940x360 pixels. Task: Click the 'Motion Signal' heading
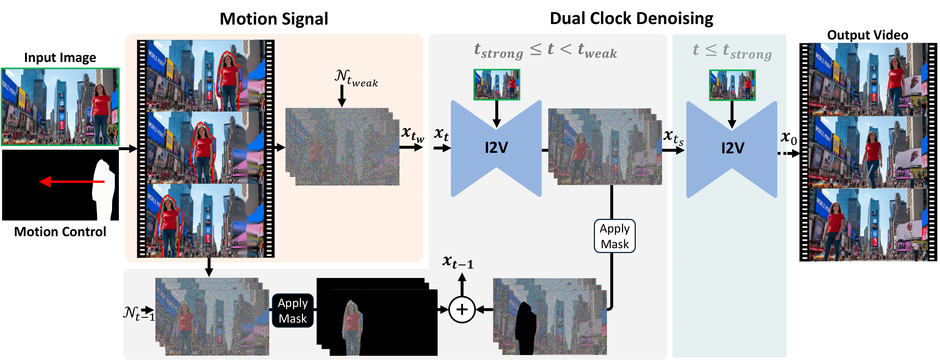click(x=274, y=19)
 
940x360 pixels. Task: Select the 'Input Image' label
click(x=60, y=58)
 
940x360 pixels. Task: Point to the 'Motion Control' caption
click(x=60, y=232)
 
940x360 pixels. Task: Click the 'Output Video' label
click(x=867, y=35)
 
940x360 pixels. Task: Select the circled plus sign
click(x=462, y=310)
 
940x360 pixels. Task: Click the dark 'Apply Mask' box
click(x=293, y=310)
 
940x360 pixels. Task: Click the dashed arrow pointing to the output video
click(x=788, y=153)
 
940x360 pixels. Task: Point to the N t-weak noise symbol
click(x=356, y=78)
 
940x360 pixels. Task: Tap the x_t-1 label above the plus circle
click(x=458, y=262)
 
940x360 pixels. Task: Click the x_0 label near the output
click(x=788, y=138)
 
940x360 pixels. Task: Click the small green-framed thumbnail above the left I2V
click(x=496, y=85)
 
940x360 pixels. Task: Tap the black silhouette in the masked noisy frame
click(x=525, y=328)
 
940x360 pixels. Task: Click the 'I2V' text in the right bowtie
click(x=732, y=148)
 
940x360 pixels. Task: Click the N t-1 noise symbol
click(x=138, y=313)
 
